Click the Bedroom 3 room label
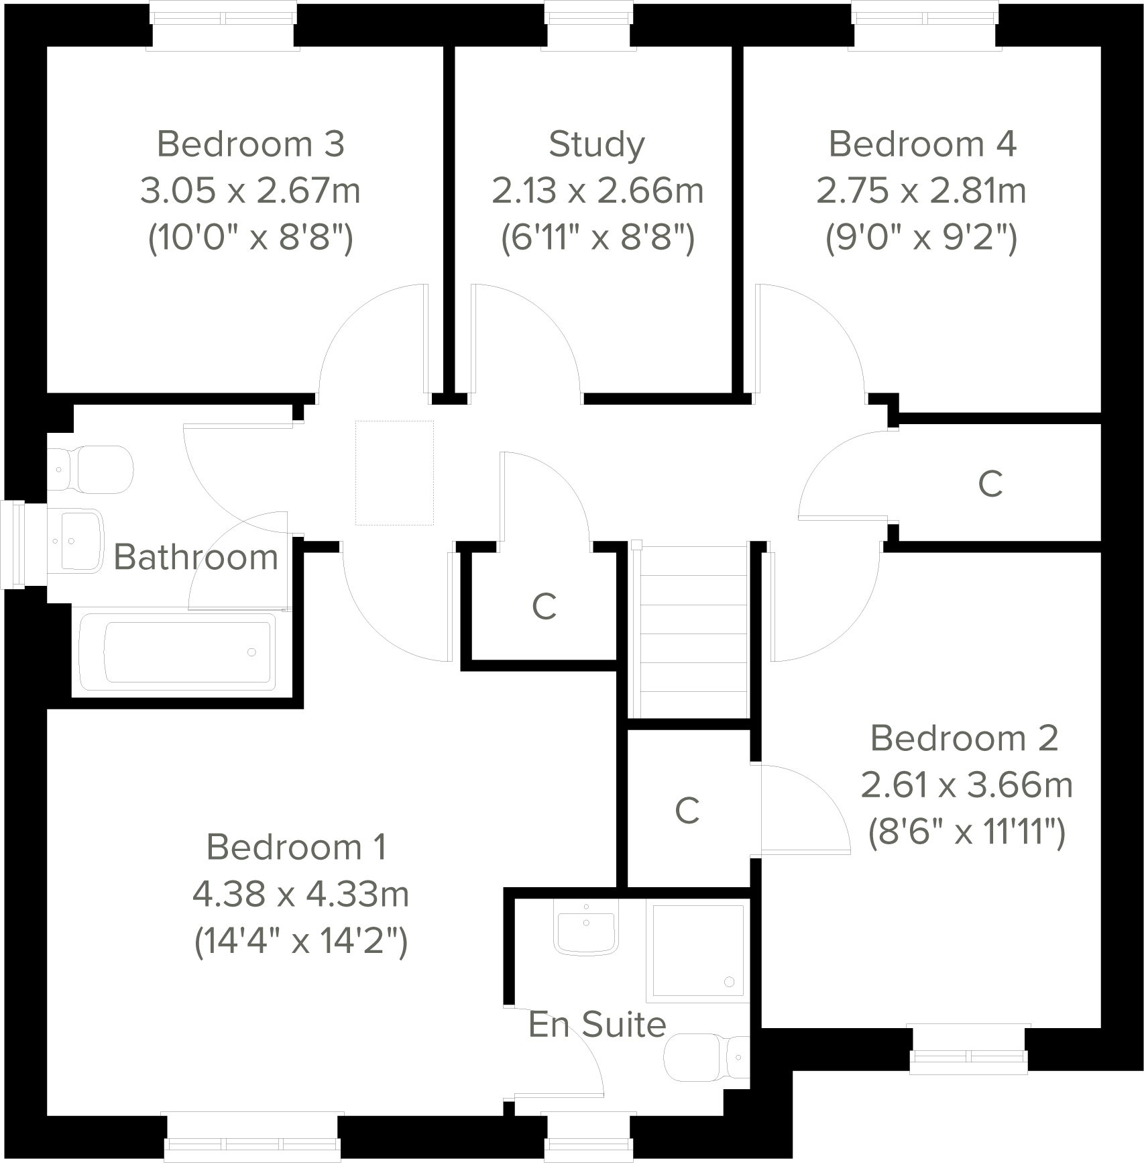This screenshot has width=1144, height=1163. pos(251,144)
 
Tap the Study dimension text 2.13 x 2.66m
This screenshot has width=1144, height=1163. pos(597,191)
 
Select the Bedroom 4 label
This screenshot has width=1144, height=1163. pos(923,144)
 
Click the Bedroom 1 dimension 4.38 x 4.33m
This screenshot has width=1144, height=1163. pos(300,895)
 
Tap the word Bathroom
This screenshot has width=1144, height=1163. pos(196,557)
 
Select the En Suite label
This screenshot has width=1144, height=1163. pos(597,1025)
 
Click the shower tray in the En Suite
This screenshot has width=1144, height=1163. pos(697,950)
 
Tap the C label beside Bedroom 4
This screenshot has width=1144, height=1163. pos(990,483)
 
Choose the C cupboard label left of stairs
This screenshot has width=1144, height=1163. pos(544,607)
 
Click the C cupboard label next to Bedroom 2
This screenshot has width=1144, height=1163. pos(687,811)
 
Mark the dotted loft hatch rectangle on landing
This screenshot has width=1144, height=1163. pos(394,472)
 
